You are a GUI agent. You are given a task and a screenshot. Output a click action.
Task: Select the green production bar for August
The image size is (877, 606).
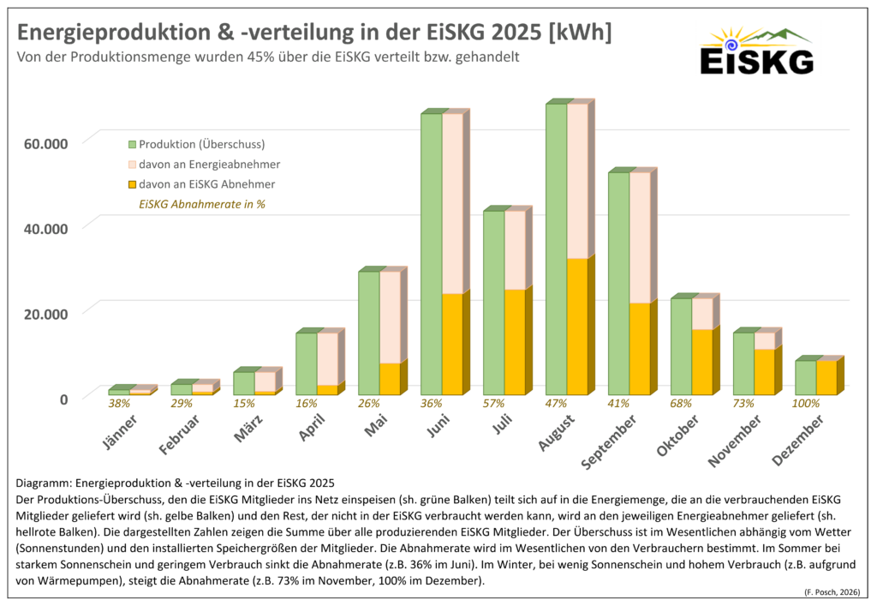click(557, 249)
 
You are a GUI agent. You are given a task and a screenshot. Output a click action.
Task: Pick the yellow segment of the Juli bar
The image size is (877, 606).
click(515, 342)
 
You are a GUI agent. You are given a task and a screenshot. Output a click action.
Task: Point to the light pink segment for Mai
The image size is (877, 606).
click(390, 317)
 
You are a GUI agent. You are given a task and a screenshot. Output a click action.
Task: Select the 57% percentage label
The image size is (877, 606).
click(494, 403)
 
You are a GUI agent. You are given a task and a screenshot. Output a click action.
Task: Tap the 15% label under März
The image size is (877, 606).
click(243, 403)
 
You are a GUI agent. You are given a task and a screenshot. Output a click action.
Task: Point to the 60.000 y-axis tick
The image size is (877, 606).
click(44, 142)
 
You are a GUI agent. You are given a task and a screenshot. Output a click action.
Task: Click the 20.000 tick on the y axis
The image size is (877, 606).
click(44, 313)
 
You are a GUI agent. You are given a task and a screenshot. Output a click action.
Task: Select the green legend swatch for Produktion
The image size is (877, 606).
click(133, 144)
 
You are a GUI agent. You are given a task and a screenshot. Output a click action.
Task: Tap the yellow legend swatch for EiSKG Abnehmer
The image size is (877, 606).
click(133, 184)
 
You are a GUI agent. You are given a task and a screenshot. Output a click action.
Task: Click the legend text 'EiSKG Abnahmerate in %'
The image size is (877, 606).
click(201, 205)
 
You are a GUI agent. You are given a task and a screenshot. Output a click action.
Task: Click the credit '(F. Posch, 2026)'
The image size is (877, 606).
click(834, 593)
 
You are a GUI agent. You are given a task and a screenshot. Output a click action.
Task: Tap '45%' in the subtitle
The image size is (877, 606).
click(236, 57)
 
